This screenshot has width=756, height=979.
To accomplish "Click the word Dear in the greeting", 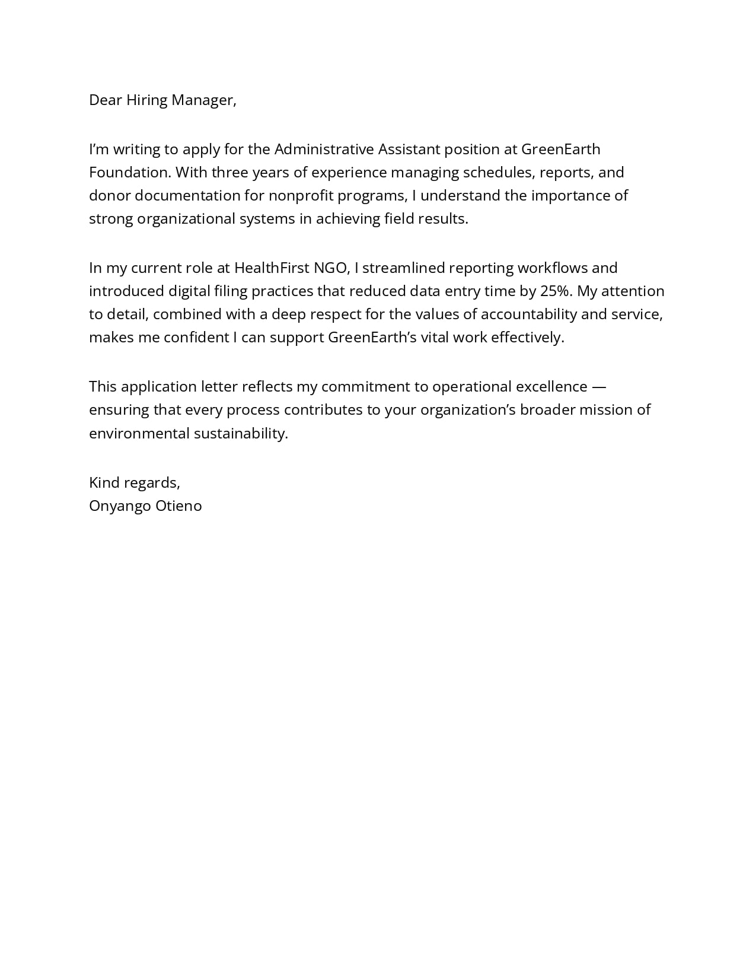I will [x=105, y=100].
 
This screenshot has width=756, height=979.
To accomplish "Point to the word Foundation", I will [x=130, y=173].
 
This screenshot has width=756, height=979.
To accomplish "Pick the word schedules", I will [x=498, y=173].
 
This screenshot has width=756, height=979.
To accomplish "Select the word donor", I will [x=109, y=196].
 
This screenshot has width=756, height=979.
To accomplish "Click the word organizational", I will [x=186, y=219].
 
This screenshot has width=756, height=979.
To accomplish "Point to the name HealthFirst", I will [x=272, y=268].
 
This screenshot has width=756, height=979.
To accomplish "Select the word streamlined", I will [x=403, y=268].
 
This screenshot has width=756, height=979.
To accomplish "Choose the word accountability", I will [x=528, y=314].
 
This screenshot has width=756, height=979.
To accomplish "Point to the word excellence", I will [x=551, y=387].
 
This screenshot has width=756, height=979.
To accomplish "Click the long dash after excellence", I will [x=599, y=387].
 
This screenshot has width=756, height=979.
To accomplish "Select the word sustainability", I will [x=240, y=434].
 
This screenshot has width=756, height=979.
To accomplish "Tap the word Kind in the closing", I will [x=104, y=483].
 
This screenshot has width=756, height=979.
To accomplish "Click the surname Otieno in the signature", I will [x=178, y=506].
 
